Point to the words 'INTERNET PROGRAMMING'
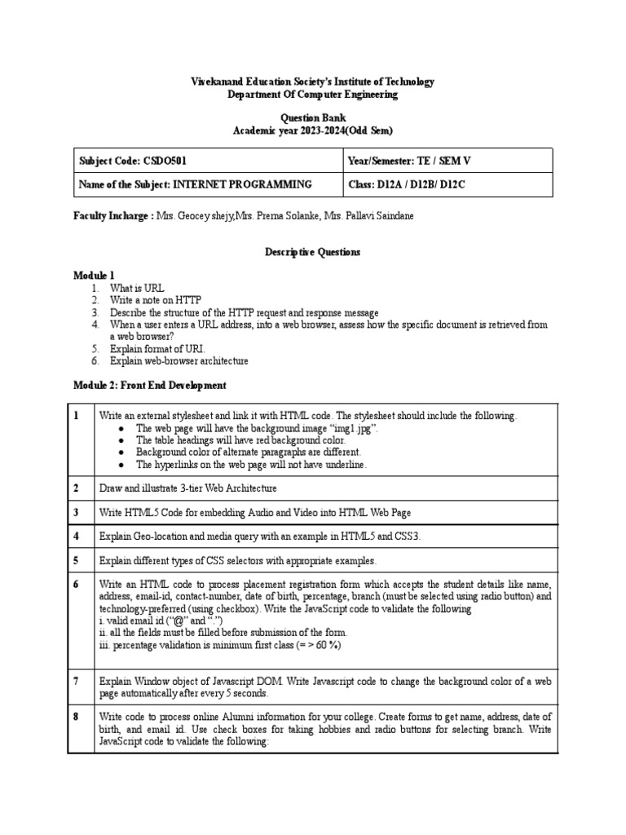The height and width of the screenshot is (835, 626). (242, 184)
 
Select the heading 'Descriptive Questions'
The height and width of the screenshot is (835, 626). (312, 252)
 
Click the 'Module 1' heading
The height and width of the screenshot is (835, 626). (95, 276)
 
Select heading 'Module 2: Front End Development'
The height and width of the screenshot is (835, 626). (150, 385)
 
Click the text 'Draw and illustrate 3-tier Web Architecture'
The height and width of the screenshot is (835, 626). (187, 488)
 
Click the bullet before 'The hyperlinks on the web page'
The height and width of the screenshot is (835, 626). (121, 464)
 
